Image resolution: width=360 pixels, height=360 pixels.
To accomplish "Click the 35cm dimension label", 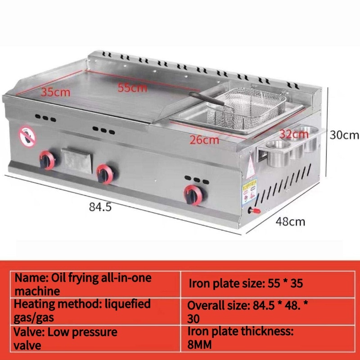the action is click(x=56, y=93).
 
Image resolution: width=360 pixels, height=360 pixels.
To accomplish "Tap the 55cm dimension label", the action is click(x=132, y=87).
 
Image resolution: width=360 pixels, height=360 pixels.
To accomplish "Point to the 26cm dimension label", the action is click(x=204, y=140).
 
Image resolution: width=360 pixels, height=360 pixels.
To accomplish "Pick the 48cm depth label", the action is click(x=290, y=221).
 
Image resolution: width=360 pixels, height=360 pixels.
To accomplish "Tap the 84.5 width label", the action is click(x=100, y=207).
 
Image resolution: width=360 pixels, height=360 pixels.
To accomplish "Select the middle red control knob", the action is click(x=106, y=171).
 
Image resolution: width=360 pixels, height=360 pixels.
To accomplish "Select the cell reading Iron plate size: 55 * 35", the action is click(x=246, y=283).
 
